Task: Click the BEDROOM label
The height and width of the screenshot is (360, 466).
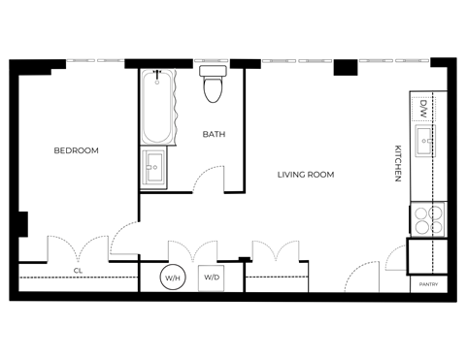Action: (76, 150)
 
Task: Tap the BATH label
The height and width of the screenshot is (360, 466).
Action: (215, 135)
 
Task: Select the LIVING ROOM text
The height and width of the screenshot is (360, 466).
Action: (305, 175)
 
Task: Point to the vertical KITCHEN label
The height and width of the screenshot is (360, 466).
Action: (397, 163)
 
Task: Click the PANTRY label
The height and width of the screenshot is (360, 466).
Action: (428, 284)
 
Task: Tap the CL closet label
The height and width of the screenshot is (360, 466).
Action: (78, 271)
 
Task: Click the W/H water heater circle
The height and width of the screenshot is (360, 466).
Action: (174, 278)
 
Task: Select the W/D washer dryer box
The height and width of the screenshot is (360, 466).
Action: (212, 278)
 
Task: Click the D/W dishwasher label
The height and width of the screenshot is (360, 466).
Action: (424, 108)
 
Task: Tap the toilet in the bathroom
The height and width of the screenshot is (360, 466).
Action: (212, 85)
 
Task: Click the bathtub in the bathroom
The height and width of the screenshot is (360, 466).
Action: (157, 107)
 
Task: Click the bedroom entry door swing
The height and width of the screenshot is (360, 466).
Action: (126, 238)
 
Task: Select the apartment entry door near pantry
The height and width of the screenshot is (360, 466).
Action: (361, 277)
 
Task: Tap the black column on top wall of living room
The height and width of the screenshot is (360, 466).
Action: (345, 68)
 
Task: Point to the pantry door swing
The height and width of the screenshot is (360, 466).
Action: (396, 256)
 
